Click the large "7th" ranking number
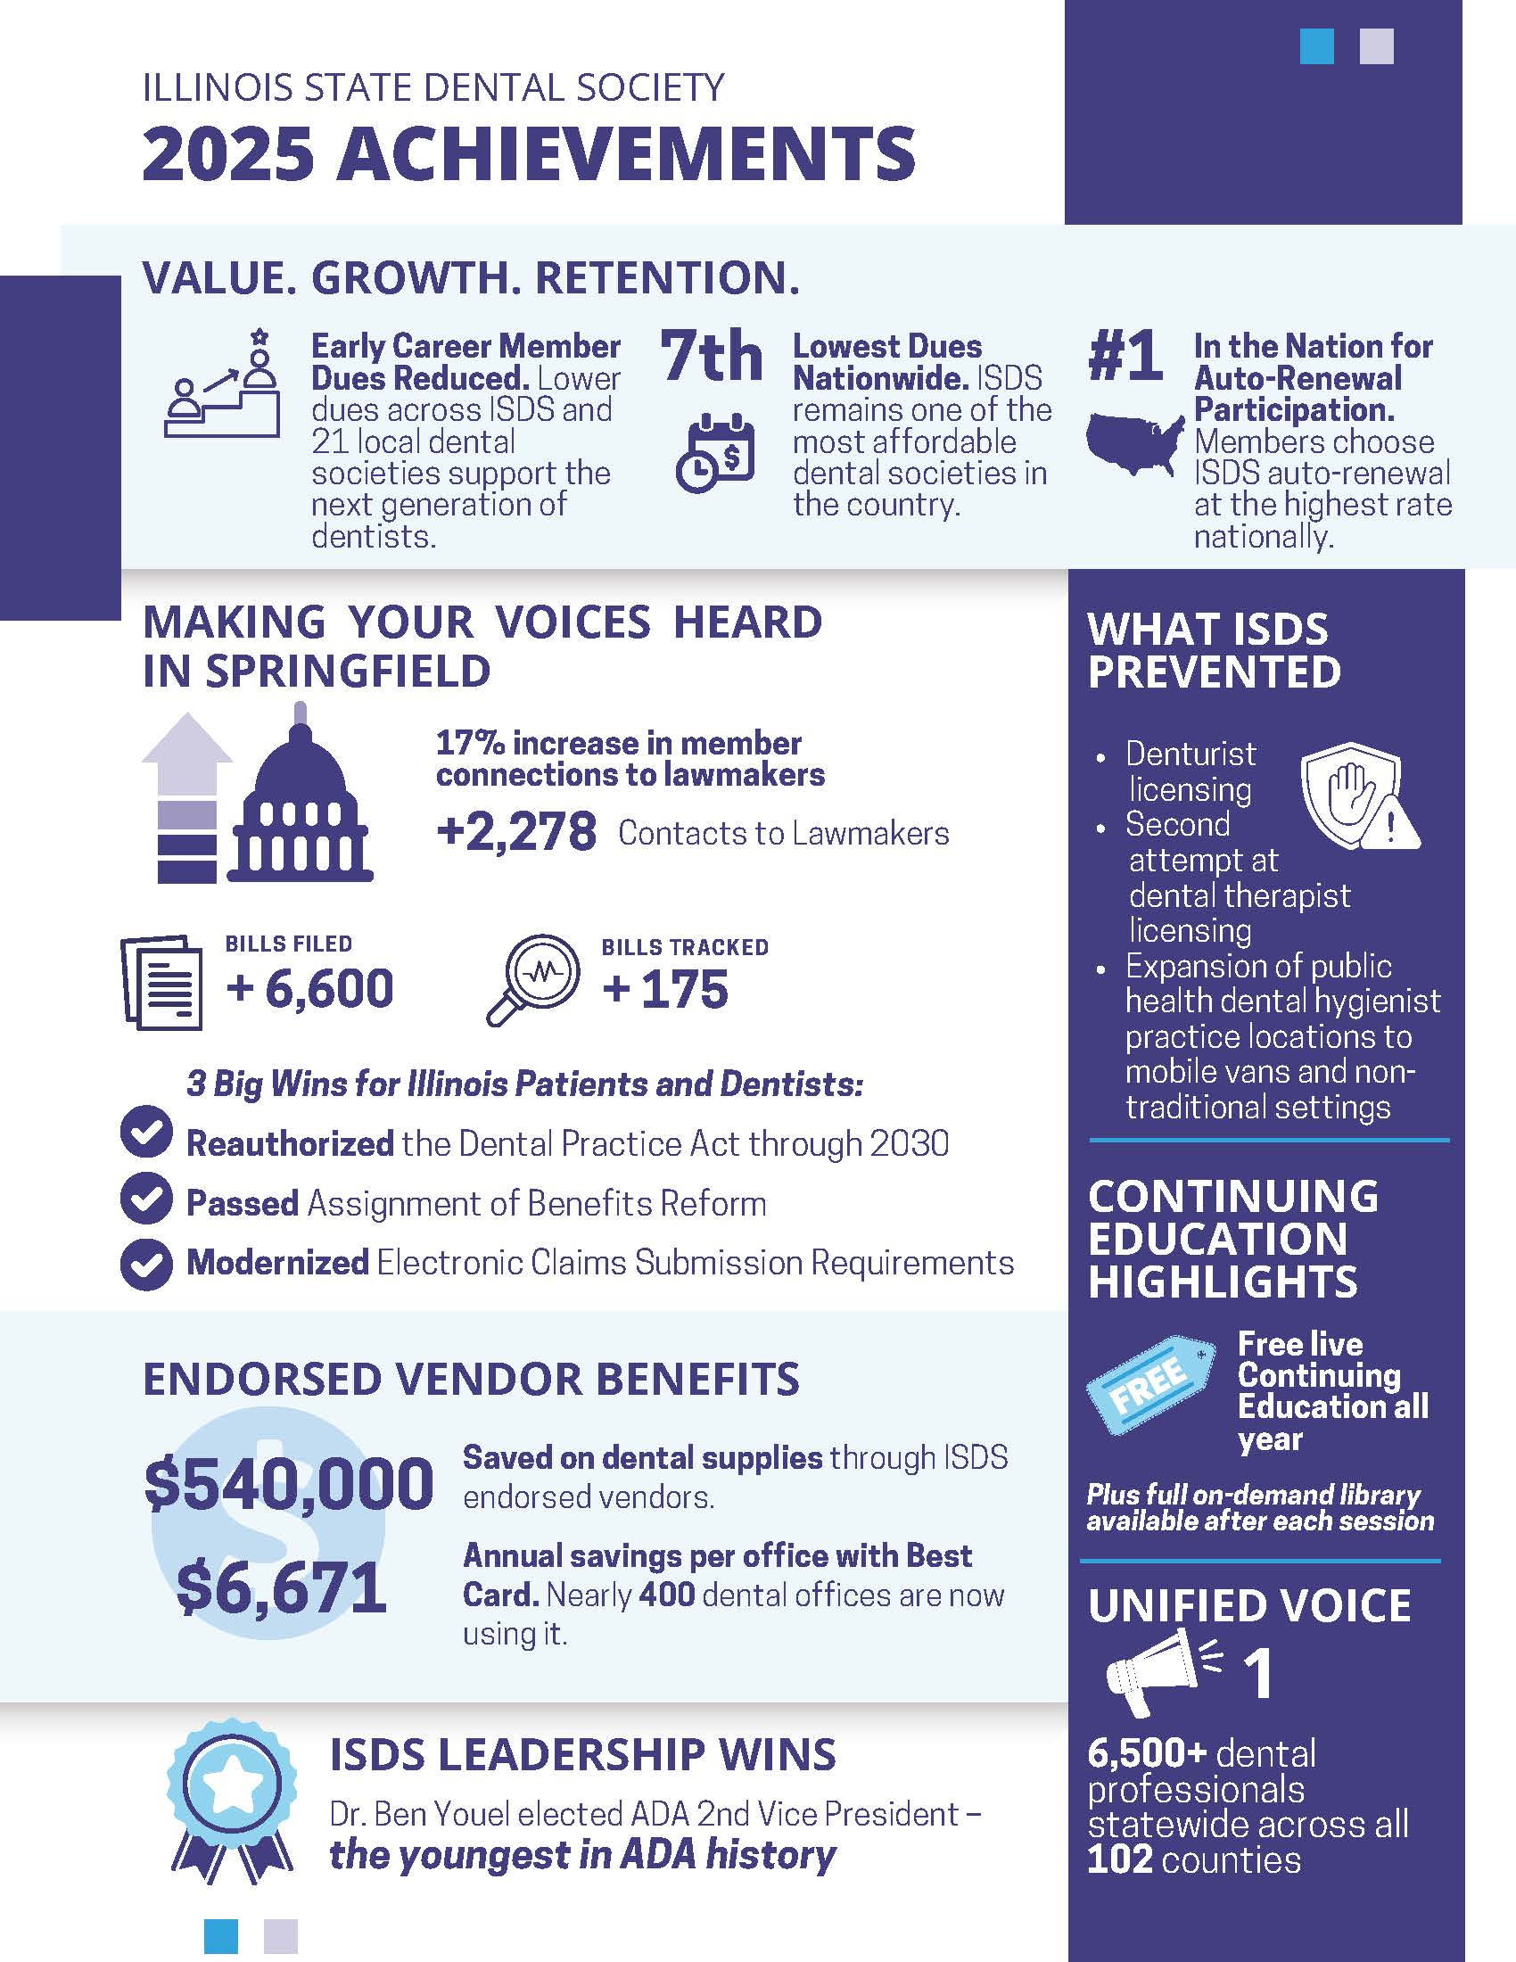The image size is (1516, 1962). (712, 357)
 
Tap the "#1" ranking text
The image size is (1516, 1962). (1125, 357)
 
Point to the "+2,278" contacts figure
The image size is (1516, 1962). (516, 831)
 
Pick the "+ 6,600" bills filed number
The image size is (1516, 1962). (309, 988)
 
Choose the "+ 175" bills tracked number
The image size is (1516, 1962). (665, 989)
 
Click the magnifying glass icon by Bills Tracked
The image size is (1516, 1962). (532, 980)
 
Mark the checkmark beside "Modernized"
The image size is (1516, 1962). (145, 1263)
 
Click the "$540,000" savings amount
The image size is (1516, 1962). (288, 1484)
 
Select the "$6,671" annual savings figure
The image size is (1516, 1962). (281, 1588)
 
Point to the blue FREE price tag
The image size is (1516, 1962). (1150, 1383)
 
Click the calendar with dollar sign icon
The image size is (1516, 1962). (715, 454)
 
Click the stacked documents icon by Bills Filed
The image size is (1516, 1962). (161, 982)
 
